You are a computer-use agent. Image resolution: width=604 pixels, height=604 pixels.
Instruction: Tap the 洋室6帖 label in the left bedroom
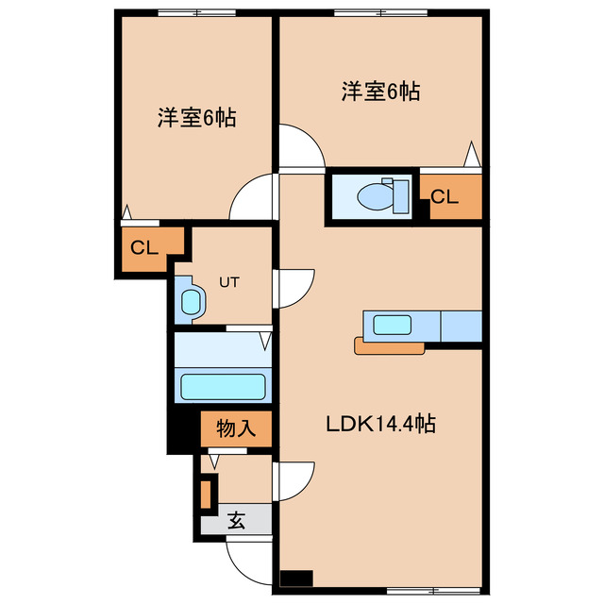(196, 119)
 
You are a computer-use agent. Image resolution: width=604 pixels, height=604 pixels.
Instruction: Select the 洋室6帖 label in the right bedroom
(380, 92)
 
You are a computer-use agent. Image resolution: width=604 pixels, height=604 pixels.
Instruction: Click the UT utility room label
(230, 281)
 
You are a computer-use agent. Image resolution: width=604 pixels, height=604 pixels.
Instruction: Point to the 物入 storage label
(236, 428)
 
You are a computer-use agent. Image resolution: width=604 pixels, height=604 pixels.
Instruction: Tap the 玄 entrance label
(236, 520)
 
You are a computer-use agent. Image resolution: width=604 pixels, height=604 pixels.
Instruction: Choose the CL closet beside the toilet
(448, 197)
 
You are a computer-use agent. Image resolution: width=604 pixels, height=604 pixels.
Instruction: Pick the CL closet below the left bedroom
(143, 248)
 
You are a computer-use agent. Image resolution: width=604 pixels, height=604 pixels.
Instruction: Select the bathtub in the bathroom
(223, 387)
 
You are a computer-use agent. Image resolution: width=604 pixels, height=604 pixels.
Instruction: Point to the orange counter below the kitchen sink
(389, 346)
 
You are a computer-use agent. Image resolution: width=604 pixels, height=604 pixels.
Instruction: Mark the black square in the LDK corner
(296, 579)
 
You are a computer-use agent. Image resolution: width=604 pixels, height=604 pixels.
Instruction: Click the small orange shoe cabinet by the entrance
(208, 494)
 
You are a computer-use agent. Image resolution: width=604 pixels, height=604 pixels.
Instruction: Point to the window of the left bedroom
(195, 12)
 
